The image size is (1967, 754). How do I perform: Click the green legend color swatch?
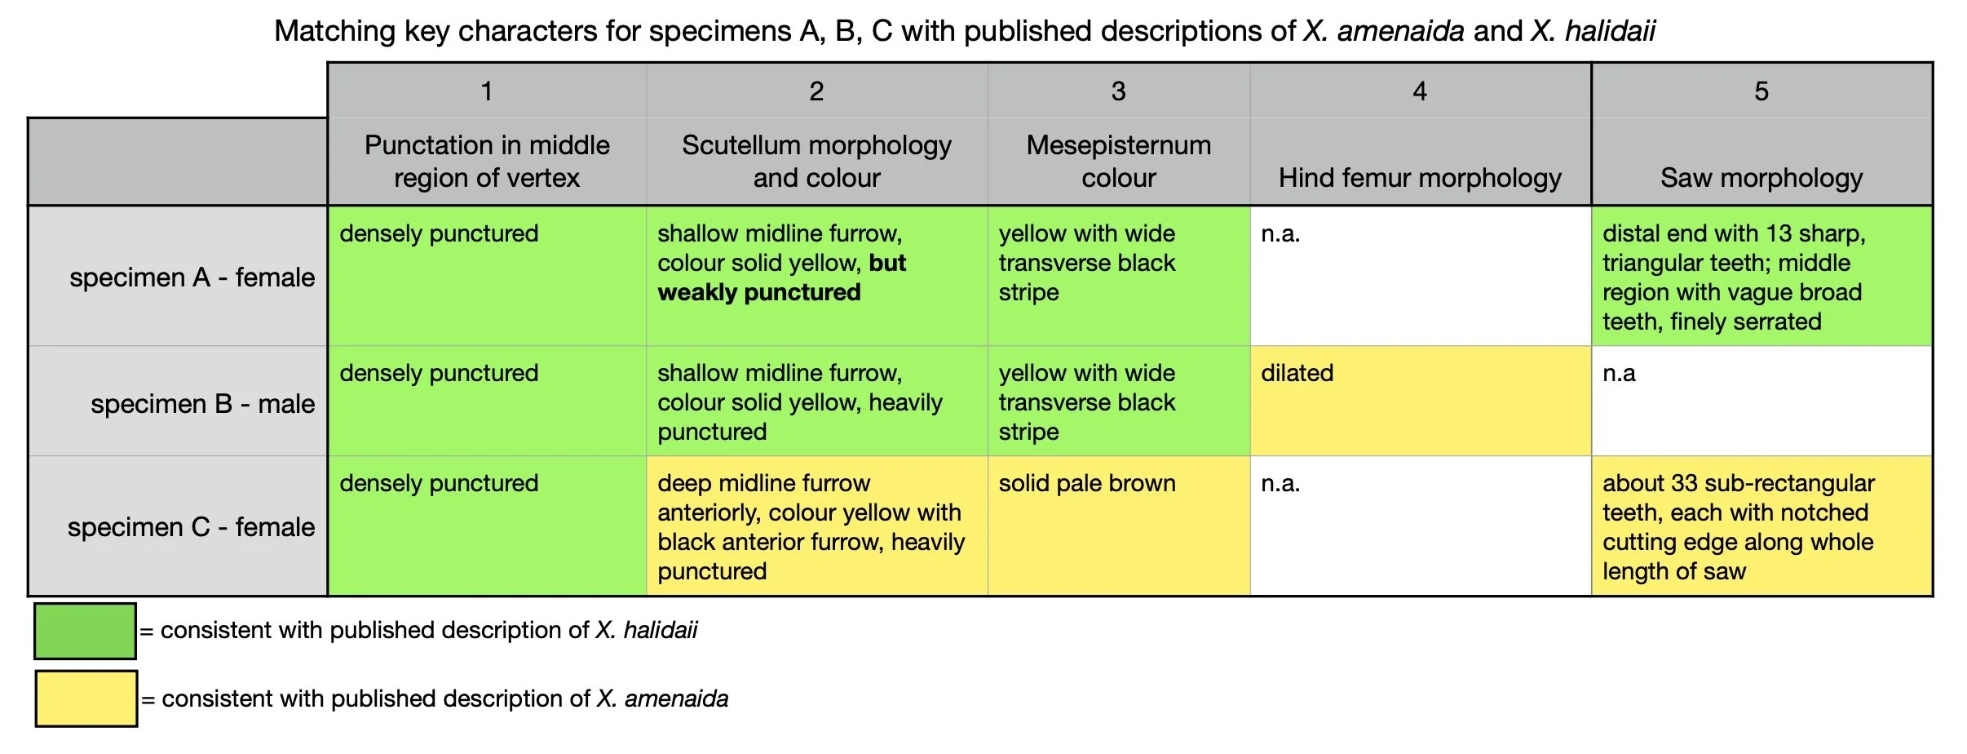click(85, 631)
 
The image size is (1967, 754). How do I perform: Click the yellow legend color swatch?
click(86, 699)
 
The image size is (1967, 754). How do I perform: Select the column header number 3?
click(1118, 91)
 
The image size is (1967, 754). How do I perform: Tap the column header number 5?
click(1761, 91)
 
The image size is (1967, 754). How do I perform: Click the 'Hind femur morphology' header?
click(1419, 178)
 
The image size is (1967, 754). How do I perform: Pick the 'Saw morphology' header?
click(1761, 178)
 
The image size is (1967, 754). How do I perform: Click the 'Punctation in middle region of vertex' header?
click(487, 162)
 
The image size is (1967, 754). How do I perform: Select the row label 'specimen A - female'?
click(192, 277)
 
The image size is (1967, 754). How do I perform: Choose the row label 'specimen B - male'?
click(202, 404)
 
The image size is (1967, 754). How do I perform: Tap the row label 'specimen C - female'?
click(191, 527)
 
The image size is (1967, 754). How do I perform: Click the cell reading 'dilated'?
click(1297, 374)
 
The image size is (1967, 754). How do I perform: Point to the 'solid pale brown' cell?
click(1087, 484)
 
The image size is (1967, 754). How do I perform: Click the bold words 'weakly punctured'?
click(759, 293)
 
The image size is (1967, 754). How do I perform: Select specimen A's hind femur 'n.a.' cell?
click(1280, 234)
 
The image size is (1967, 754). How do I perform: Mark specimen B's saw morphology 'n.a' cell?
click(1619, 374)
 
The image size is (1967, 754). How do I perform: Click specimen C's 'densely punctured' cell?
click(439, 484)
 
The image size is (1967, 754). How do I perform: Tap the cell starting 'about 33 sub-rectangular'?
click(1738, 527)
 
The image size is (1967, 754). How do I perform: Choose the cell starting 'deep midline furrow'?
click(811, 527)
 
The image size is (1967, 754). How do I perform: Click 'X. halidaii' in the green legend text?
click(647, 631)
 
